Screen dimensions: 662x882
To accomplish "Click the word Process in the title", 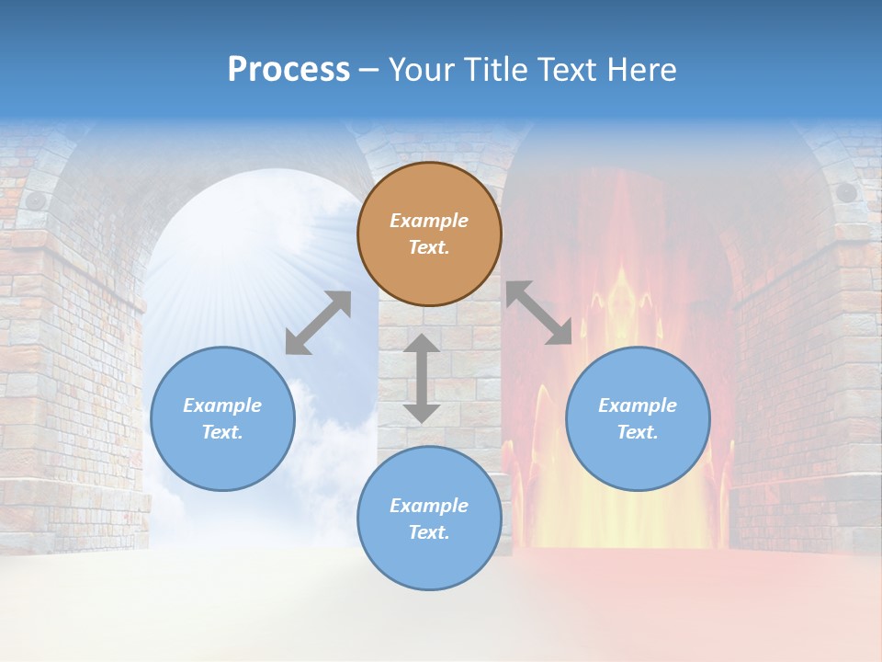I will click(288, 70).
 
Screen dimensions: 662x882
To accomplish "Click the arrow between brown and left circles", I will click(318, 323).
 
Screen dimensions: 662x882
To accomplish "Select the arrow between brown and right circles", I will click(538, 313).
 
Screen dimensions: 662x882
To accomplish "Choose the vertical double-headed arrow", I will click(422, 378).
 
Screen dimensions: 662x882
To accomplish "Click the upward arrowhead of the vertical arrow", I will click(422, 346).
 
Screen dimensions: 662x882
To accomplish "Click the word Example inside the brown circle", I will click(429, 221).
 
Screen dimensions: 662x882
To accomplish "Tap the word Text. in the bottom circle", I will click(429, 532).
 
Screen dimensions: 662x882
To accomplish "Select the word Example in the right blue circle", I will click(638, 405).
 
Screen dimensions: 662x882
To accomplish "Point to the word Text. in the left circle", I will click(222, 432).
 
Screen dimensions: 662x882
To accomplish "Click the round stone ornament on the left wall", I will click(35, 200).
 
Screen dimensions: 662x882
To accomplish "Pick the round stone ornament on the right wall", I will click(845, 193).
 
